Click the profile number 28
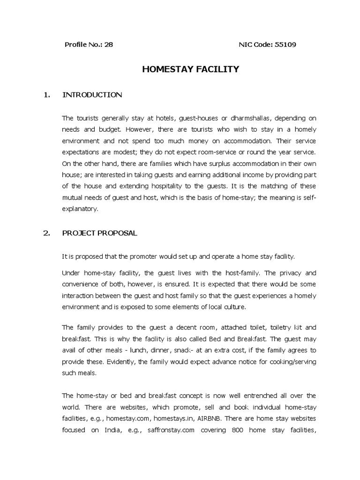point(109,45)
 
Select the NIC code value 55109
point(286,45)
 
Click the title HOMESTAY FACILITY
point(190,69)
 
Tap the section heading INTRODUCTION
point(92,95)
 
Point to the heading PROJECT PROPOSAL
point(100,233)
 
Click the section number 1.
point(46,95)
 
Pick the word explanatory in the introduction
point(80,210)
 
